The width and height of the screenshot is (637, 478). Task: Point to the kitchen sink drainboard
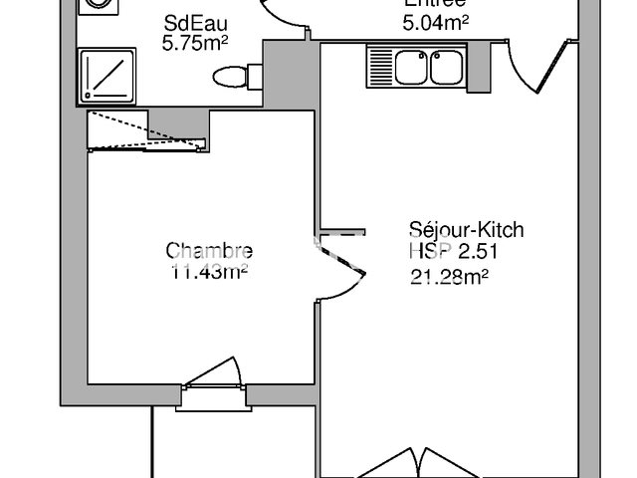point(380,68)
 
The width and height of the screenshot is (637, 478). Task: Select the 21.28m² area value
point(448,278)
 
